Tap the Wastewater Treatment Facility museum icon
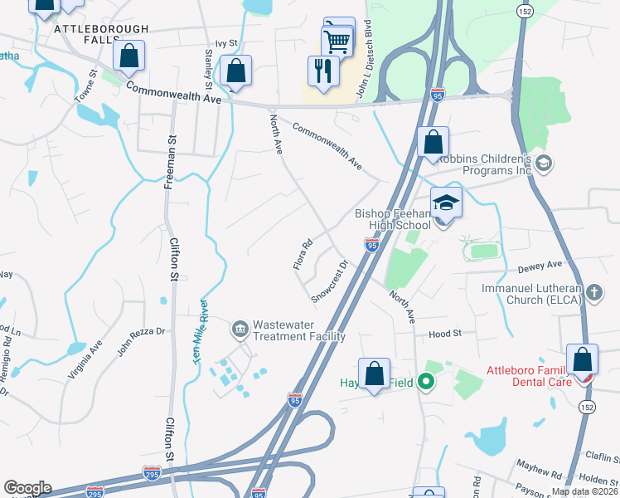tap(240, 329)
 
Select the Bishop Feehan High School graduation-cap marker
tap(446, 203)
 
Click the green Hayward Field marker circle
tap(426, 383)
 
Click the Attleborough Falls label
tap(101, 29)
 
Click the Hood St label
tap(444, 334)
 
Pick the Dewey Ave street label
tap(540, 264)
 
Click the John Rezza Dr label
tap(142, 341)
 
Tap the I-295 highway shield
tap(152, 473)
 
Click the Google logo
tap(27, 488)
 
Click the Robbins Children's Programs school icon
tap(544, 163)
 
